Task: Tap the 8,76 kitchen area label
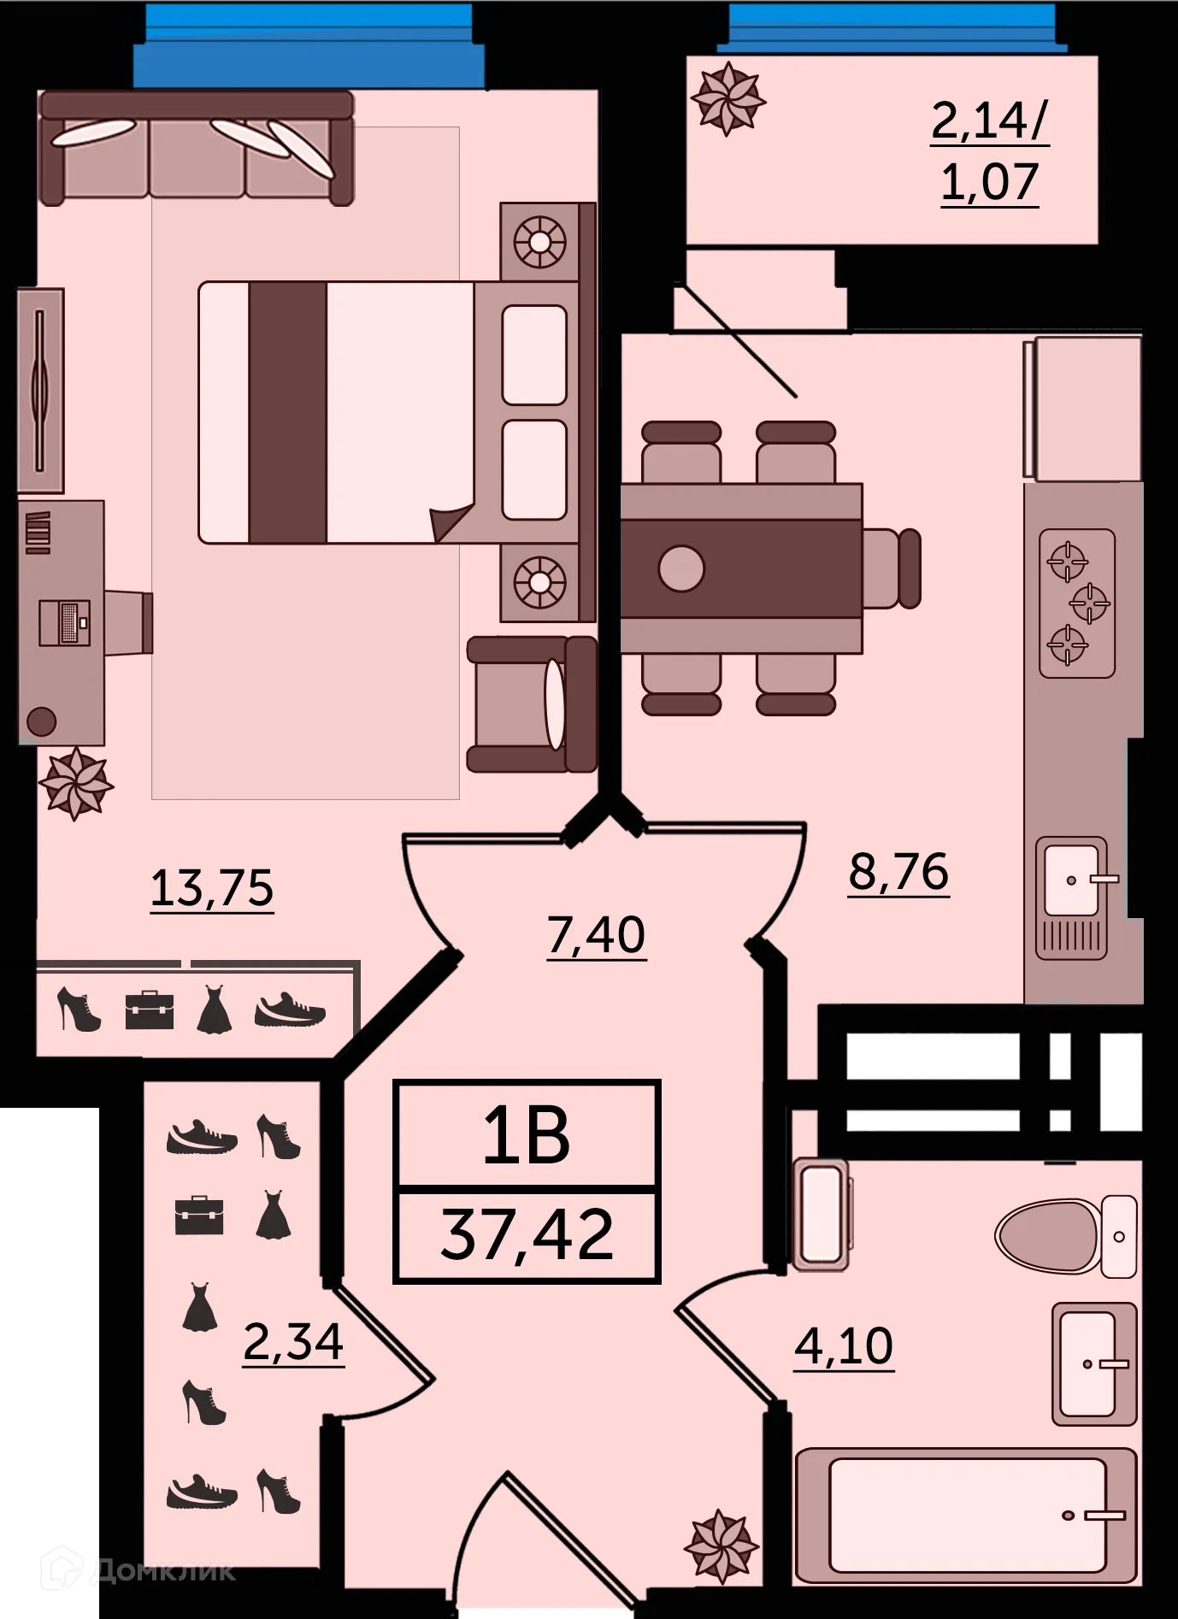coord(898,872)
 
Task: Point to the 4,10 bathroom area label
coord(844,1346)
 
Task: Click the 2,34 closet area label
coord(293,1342)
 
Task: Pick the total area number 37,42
coord(527,1234)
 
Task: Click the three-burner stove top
coord(1076,603)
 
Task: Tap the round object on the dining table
coord(681,568)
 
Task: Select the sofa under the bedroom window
coord(197,148)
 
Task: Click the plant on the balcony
coord(727,99)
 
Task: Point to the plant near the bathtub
coord(721,1546)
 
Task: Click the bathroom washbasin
coord(1092,1363)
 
